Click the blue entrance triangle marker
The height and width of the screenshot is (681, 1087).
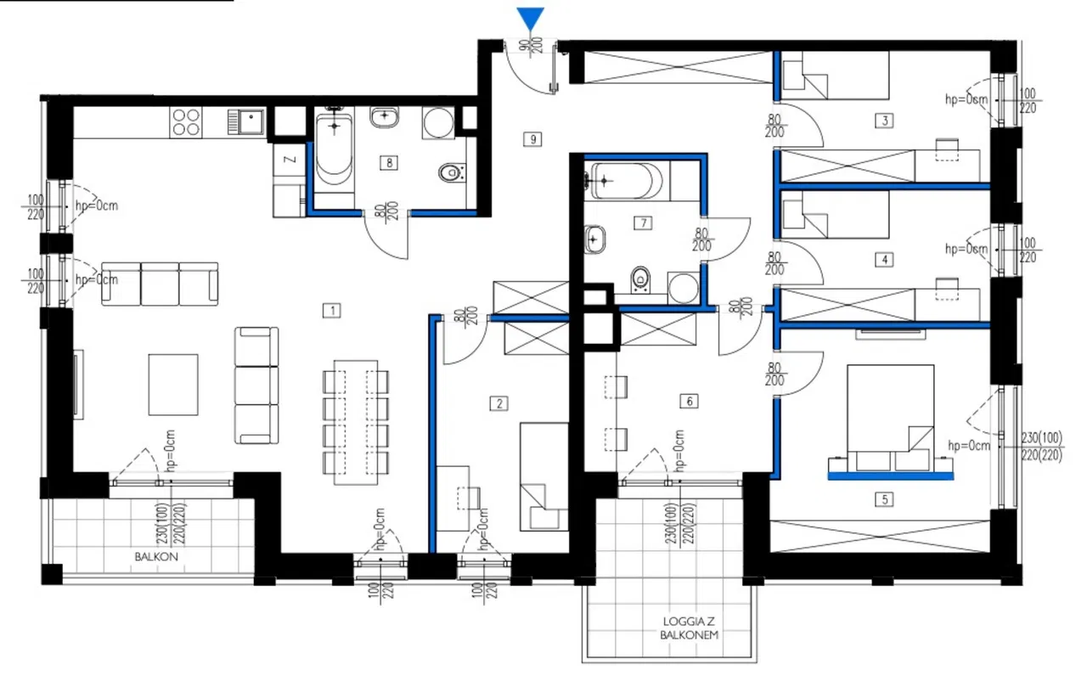pos(530,20)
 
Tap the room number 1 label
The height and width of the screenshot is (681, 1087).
pos(332,311)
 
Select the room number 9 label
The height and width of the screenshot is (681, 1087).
pos(532,140)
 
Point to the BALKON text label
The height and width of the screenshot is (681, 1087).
pos(156,556)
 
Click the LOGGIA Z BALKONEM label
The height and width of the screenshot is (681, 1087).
pos(689,628)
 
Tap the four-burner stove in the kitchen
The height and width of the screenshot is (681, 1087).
pos(186,122)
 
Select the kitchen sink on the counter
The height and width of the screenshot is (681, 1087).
pos(246,121)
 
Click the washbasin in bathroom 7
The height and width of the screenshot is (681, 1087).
pos(594,239)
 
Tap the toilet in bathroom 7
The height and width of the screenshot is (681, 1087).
pos(640,280)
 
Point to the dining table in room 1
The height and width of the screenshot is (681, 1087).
pos(356,423)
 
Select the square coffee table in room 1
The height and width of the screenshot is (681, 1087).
pos(173,385)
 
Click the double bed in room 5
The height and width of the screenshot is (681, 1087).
pos(891,418)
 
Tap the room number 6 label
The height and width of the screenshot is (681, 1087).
pos(689,401)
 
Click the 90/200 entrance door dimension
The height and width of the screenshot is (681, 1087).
pos(530,47)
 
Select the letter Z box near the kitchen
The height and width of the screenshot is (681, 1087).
pos(290,160)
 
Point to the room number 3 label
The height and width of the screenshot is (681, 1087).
pos(884,121)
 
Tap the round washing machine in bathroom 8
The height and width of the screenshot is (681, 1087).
pos(438,122)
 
